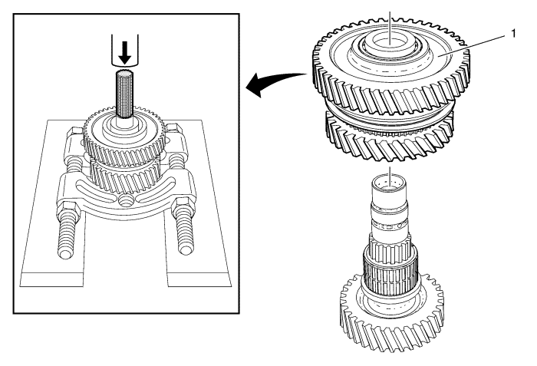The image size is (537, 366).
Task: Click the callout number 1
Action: [x=513, y=34]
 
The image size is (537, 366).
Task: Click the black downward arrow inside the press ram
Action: [x=124, y=53]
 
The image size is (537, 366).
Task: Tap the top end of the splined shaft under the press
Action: [x=124, y=73]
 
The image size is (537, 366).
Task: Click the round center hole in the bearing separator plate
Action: [x=124, y=199]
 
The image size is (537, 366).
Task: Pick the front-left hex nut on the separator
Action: [x=70, y=209]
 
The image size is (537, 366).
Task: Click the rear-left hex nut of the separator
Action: [x=77, y=133]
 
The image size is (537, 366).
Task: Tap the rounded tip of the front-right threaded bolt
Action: [x=186, y=249]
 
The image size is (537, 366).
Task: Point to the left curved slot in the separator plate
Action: [x=93, y=193]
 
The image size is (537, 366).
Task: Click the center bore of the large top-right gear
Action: [x=390, y=43]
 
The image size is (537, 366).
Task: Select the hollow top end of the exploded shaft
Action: [x=389, y=182]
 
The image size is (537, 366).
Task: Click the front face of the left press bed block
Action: [x=52, y=279]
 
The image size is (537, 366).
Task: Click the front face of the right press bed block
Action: [x=199, y=279]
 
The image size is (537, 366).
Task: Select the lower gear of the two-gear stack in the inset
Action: [x=125, y=176]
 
